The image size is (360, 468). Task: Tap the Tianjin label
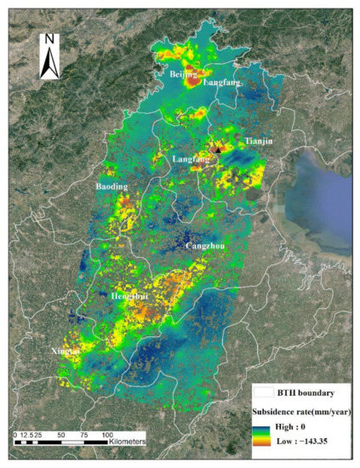pos(259,140)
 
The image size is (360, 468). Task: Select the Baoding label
pos(111,185)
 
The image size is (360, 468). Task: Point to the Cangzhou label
pos(204,246)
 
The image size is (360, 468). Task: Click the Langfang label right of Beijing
pos(222,83)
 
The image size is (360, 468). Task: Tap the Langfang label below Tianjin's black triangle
pos(191,159)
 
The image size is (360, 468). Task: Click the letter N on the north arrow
pos(50,38)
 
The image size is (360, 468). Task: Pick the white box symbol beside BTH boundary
pos(266,393)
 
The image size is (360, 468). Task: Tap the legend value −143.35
pos(323,445)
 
